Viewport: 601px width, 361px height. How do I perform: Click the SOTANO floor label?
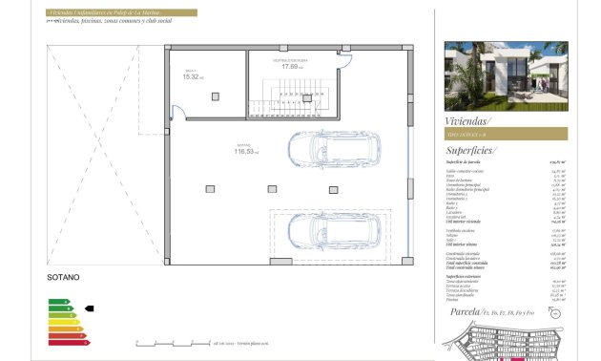(x=63, y=277)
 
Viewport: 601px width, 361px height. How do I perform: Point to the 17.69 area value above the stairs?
(x=291, y=67)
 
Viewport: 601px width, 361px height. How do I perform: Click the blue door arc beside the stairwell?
(x=344, y=63)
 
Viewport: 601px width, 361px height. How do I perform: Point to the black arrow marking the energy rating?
(x=90, y=308)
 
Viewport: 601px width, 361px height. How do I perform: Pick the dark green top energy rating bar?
(x=58, y=302)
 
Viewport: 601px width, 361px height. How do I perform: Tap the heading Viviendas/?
(x=468, y=120)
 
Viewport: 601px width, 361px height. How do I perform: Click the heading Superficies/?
(x=471, y=150)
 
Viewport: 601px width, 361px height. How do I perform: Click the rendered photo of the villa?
(x=506, y=75)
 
